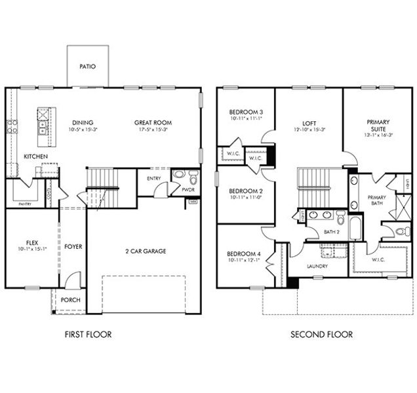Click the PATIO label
tap(87, 66)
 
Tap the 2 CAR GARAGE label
tap(144, 250)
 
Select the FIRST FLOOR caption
tap(88, 335)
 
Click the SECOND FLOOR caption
tap(321, 335)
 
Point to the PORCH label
tap(70, 300)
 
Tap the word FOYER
tap(73, 246)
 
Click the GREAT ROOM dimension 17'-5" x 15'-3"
tap(153, 130)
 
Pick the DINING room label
tap(83, 122)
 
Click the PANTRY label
tap(25, 204)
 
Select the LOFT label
tap(309, 122)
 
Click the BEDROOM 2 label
tap(241, 191)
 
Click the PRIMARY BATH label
tap(376, 200)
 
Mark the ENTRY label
tap(154, 178)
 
